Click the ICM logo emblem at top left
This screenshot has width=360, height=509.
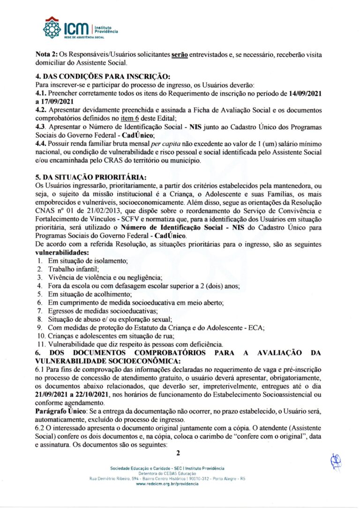[x=52, y=28]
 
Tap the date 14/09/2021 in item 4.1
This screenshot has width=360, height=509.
[x=302, y=93]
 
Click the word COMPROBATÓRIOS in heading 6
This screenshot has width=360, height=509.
[x=173, y=352]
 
